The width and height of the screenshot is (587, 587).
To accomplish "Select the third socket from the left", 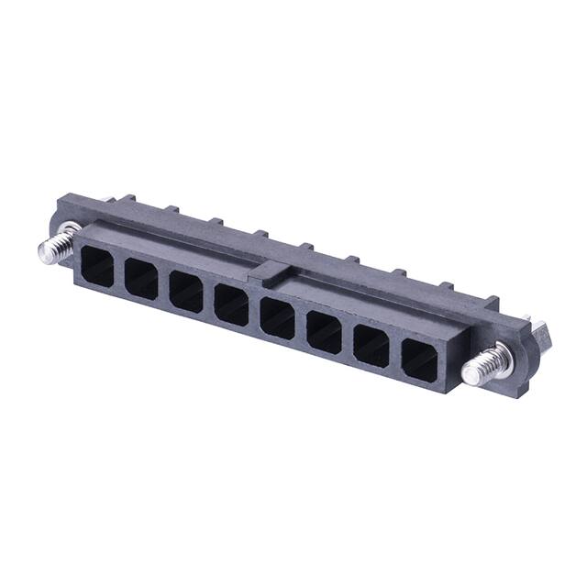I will (x=186, y=291).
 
